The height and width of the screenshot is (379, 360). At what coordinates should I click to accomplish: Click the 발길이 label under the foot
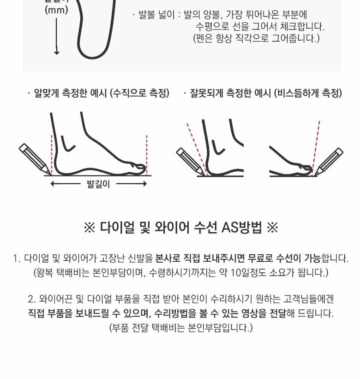(98, 184)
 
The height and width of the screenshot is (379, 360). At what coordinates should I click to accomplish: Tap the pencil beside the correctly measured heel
(35, 159)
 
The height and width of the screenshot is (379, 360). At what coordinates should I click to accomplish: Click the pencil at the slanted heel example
(192, 162)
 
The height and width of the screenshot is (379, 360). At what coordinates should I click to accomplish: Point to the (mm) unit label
(56, 10)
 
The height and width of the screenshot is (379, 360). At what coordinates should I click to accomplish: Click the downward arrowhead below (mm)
(56, 52)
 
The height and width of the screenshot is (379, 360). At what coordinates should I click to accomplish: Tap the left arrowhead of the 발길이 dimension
(52, 184)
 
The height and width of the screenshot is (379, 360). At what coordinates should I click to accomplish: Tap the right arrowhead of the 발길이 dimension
(145, 184)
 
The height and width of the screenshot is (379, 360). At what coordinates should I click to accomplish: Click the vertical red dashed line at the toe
(147, 155)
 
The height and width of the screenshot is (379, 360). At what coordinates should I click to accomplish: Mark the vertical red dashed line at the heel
(52, 155)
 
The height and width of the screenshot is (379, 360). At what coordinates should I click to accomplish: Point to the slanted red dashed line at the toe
(316, 148)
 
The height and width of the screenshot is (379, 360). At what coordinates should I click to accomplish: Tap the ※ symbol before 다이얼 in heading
(90, 228)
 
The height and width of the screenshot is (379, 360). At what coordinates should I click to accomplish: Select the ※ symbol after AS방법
(272, 228)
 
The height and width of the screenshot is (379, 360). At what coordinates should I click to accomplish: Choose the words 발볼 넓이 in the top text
(156, 15)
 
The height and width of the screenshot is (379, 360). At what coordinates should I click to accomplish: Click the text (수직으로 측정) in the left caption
(139, 93)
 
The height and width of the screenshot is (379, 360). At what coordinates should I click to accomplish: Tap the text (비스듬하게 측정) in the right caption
(308, 93)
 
